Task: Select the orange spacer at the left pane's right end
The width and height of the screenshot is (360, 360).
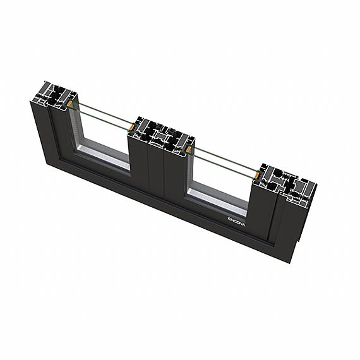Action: [x=129, y=129]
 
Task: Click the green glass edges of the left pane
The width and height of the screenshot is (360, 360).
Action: [x=101, y=114]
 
